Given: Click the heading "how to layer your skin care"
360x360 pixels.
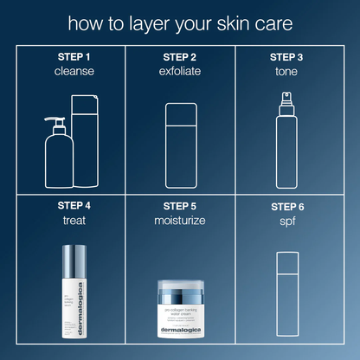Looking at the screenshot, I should pyautogui.click(x=180, y=22).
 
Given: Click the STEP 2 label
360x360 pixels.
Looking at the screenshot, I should pyautogui.click(x=179, y=57).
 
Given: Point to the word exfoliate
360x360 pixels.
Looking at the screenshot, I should pyautogui.click(x=179, y=71).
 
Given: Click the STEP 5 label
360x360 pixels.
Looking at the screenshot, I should pyautogui.click(x=179, y=206).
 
